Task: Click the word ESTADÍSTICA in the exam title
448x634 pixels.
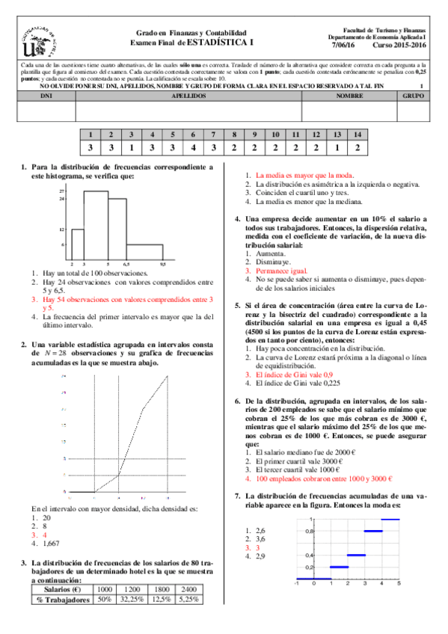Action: pyautogui.click(x=224, y=43)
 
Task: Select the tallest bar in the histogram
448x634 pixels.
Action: pyautogui.click(x=96, y=225)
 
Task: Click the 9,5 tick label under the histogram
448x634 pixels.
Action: pyautogui.click(x=162, y=265)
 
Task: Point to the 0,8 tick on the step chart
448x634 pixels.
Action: pyautogui.click(x=308, y=531)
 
